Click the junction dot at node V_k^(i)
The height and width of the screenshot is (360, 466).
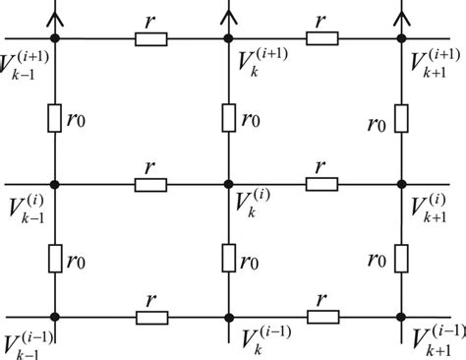228,183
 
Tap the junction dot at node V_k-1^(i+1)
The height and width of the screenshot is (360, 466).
56,38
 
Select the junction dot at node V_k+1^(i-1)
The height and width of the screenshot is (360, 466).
401,317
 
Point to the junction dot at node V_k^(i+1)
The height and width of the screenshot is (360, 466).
228,38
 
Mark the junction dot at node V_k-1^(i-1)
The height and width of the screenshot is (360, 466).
56,317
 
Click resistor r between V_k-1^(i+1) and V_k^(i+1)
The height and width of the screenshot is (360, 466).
150,38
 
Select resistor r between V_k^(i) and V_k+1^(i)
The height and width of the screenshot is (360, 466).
322,183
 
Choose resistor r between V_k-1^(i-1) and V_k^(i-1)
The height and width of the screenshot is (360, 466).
150,317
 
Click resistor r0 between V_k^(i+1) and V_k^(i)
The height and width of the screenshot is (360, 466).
228,118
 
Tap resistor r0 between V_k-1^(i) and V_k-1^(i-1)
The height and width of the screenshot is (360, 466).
56,260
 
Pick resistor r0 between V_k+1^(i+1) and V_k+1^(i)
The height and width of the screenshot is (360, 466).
401,118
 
